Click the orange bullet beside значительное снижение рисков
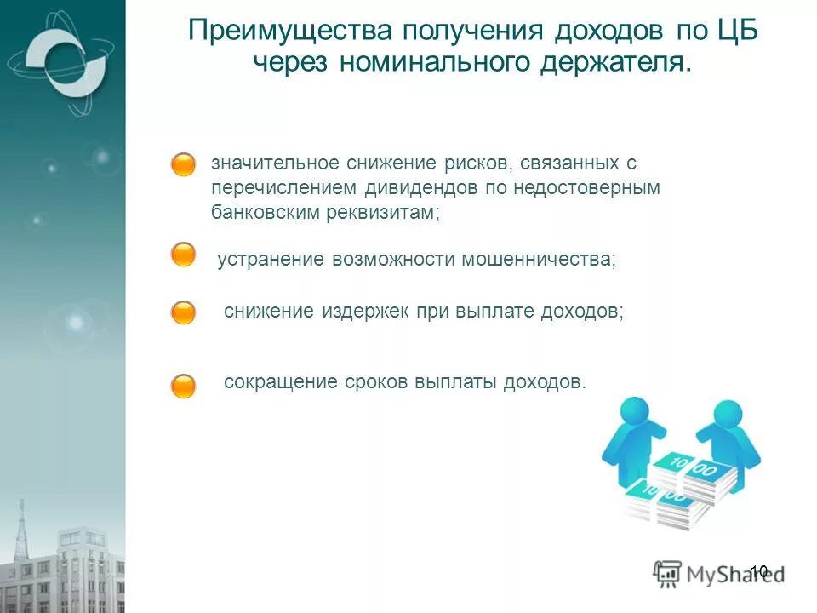click(183, 165)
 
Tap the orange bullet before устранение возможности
click(183, 255)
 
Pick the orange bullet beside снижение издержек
click(183, 312)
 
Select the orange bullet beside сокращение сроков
click(183, 387)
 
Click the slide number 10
click(759, 570)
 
